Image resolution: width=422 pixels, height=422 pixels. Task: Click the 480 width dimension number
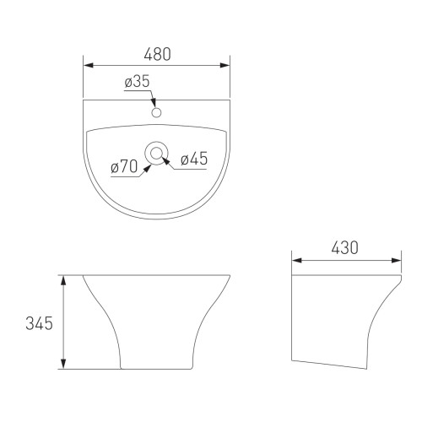coord(157,54)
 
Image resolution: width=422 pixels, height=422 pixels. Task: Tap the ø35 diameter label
coord(137,81)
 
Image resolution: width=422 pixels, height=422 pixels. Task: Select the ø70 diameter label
coord(124,166)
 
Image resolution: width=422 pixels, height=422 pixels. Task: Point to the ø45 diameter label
coord(194,159)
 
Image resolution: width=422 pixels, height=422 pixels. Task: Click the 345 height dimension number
coord(39,323)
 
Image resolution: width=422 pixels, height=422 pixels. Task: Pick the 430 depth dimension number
coord(344,248)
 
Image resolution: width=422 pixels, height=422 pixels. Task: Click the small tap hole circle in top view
coord(156,112)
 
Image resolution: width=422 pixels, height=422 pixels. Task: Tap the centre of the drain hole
coord(156,154)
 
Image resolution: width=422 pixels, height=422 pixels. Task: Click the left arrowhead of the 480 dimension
coord(89,65)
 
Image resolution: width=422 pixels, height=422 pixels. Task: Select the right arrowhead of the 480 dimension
coord(225,65)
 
